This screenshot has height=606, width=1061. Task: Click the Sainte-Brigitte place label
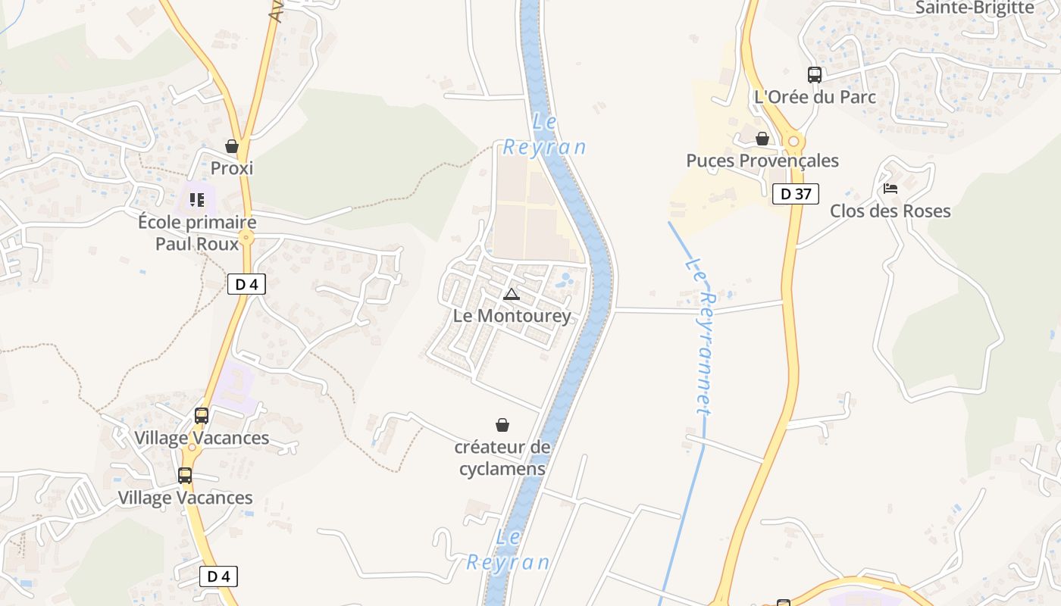pyautogui.click(x=975, y=8)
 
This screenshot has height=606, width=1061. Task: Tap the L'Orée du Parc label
pyautogui.click(x=815, y=97)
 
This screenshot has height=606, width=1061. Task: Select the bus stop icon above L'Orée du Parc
pyautogui.click(x=815, y=75)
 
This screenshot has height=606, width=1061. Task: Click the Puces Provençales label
pyautogui.click(x=762, y=161)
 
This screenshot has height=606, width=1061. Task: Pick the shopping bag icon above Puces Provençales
pyautogui.click(x=762, y=139)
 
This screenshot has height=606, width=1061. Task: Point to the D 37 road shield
pyautogui.click(x=796, y=194)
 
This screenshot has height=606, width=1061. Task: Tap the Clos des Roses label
pyautogui.click(x=890, y=211)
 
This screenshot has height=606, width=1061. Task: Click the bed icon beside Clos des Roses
pyautogui.click(x=890, y=188)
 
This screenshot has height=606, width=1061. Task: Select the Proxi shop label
pyautogui.click(x=232, y=168)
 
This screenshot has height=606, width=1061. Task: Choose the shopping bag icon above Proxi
pyautogui.click(x=232, y=146)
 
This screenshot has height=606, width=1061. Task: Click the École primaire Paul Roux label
pyautogui.click(x=197, y=233)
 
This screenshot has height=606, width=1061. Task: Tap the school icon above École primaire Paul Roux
pyautogui.click(x=197, y=200)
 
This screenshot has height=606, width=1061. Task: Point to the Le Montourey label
pyautogui.click(x=512, y=315)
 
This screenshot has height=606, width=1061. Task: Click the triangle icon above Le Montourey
pyautogui.click(x=512, y=294)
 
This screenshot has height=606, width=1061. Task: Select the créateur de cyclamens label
pyautogui.click(x=502, y=458)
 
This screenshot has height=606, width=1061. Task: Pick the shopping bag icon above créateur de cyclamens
pyautogui.click(x=502, y=425)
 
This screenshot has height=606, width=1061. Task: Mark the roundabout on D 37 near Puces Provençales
pyautogui.click(x=793, y=141)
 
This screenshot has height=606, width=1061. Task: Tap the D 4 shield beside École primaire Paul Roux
pyautogui.click(x=246, y=285)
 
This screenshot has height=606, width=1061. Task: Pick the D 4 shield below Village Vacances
pyautogui.click(x=218, y=576)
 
